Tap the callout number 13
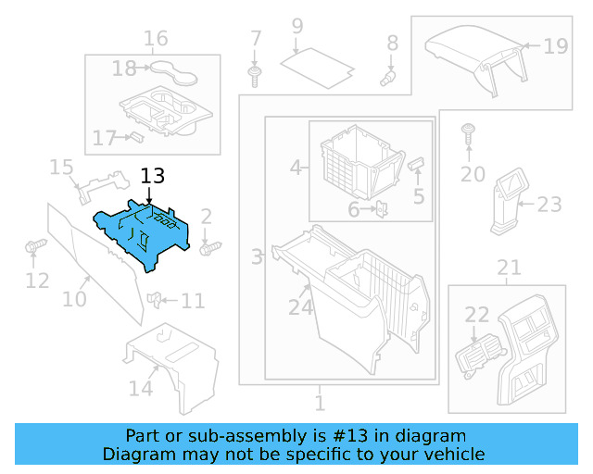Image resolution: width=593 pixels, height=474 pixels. tap(152, 176)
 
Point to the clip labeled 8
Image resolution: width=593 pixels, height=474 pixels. tap(389, 75)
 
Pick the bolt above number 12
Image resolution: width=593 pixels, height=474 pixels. tap(35, 246)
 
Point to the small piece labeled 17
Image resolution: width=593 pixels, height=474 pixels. tap(135, 137)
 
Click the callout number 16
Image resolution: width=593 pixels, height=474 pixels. tap(156, 38)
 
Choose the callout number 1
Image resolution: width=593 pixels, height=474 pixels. tap(320, 404)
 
